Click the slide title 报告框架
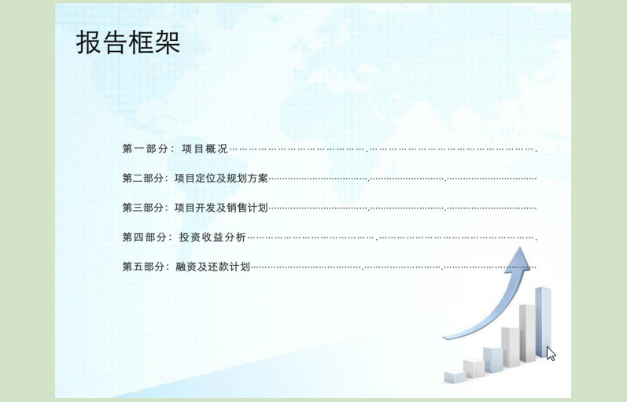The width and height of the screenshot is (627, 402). (x=128, y=42)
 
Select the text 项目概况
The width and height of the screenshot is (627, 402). (x=205, y=149)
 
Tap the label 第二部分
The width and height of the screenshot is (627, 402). (x=142, y=179)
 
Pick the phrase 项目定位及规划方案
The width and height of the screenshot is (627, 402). (x=221, y=179)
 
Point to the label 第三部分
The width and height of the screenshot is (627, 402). (x=142, y=208)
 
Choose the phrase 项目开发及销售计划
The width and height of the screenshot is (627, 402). (x=221, y=208)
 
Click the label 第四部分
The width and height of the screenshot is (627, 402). (x=144, y=238)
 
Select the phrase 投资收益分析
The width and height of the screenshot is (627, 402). (x=212, y=238)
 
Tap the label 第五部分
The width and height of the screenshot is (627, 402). (x=142, y=267)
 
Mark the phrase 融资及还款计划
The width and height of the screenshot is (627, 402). (x=212, y=267)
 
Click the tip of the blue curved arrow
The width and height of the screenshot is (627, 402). (x=520, y=247)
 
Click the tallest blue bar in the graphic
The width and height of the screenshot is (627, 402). (x=543, y=322)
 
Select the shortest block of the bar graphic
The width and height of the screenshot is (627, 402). (x=455, y=377)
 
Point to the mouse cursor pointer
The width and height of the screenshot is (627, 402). (x=551, y=353)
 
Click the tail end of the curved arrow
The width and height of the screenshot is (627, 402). (x=444, y=337)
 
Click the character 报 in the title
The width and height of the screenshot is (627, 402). (x=88, y=42)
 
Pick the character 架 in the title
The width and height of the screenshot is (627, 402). (x=168, y=42)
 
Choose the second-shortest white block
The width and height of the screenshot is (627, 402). (x=474, y=368)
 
